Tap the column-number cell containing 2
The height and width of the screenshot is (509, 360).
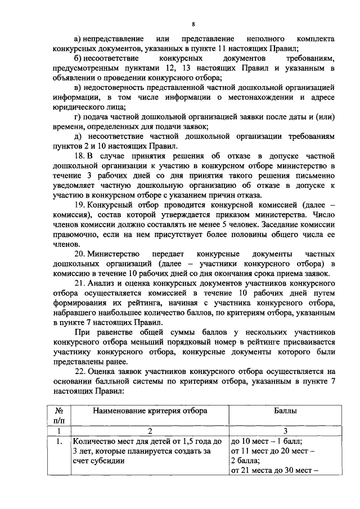pos(150,430)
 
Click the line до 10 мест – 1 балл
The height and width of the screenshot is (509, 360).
pos(267,441)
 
